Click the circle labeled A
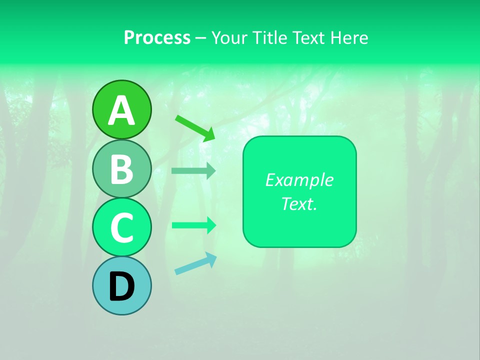(x=122, y=109)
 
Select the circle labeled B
(x=122, y=168)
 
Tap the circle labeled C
(x=122, y=227)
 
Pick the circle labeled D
(x=122, y=285)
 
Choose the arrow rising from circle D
(x=195, y=264)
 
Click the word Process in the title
(x=157, y=37)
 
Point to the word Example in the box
(x=299, y=180)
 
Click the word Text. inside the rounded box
(x=299, y=203)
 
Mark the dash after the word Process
(x=201, y=38)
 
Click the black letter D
(x=122, y=287)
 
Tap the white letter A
(x=122, y=110)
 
